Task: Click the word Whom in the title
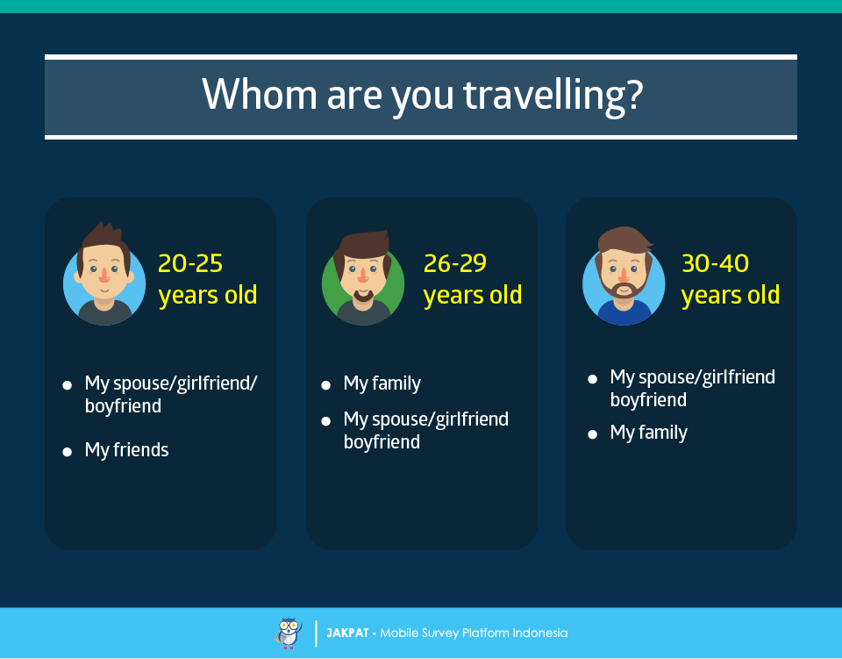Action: pyautogui.click(x=260, y=94)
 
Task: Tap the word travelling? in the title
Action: pyautogui.click(x=553, y=96)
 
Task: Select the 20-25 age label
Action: pyautogui.click(x=190, y=263)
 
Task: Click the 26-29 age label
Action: pyautogui.click(x=455, y=263)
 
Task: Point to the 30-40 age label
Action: pyautogui.click(x=715, y=263)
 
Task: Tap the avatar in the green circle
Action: pyautogui.click(x=363, y=277)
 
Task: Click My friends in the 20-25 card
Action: pyautogui.click(x=126, y=450)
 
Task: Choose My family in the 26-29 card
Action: pyautogui.click(x=382, y=383)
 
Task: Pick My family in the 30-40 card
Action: pyautogui.click(x=649, y=433)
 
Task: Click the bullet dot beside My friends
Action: pyautogui.click(x=68, y=452)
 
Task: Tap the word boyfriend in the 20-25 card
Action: pyautogui.click(x=123, y=406)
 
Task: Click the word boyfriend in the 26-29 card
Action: pyautogui.click(x=382, y=442)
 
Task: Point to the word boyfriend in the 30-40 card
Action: pyautogui.click(x=648, y=400)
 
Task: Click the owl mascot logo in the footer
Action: pyautogui.click(x=289, y=634)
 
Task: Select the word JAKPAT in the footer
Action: pyautogui.click(x=347, y=634)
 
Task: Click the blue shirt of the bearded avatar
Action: pyautogui.click(x=624, y=313)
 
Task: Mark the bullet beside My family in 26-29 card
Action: pyautogui.click(x=326, y=385)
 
